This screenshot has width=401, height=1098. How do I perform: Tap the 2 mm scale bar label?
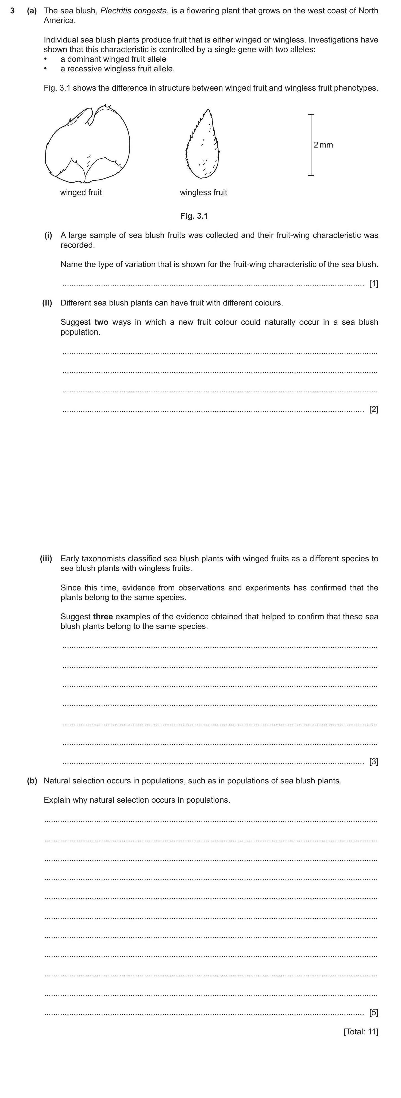tap(323, 145)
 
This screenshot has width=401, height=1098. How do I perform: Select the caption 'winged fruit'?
tap(81, 193)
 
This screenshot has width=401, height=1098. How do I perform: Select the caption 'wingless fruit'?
tap(203, 193)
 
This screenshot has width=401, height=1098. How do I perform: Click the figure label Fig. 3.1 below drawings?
tap(194, 216)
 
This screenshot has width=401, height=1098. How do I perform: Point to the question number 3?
tap(13, 11)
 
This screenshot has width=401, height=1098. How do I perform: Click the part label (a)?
tap(32, 11)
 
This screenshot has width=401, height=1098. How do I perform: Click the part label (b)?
tap(32, 781)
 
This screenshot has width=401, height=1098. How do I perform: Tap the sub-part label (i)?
tap(48, 235)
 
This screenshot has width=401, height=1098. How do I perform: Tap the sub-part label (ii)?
tap(47, 303)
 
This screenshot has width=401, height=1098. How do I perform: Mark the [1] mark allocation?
tap(373, 284)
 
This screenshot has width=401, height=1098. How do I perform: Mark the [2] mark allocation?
tap(373, 410)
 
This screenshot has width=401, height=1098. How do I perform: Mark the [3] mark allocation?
tap(373, 762)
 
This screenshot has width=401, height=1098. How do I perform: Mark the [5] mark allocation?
tap(373, 1013)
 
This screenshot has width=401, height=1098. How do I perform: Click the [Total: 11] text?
tap(361, 1032)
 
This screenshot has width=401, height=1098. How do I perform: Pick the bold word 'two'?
tap(101, 322)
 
